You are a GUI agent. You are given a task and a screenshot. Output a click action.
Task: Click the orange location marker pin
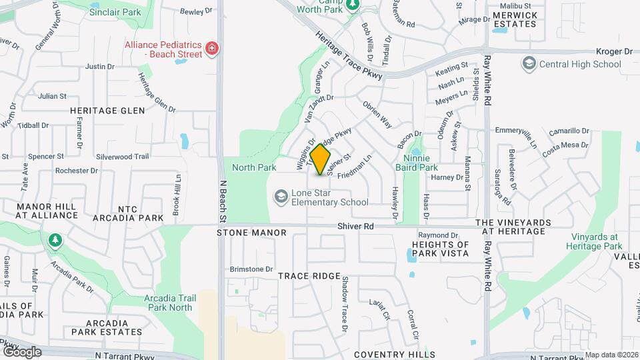(321, 160)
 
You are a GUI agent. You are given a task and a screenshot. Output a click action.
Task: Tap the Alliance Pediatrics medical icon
(212, 48)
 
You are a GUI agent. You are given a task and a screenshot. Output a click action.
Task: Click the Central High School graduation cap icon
(529, 64)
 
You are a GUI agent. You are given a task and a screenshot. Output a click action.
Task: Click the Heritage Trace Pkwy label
(349, 57)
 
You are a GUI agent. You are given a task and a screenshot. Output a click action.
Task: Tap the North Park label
(253, 167)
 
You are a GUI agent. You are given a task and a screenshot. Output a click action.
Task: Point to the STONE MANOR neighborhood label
(252, 233)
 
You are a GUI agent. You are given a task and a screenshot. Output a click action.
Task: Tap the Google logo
(21, 351)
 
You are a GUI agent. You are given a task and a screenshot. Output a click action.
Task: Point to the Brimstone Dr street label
(251, 269)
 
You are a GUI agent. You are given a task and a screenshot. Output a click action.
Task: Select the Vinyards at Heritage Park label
(593, 241)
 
